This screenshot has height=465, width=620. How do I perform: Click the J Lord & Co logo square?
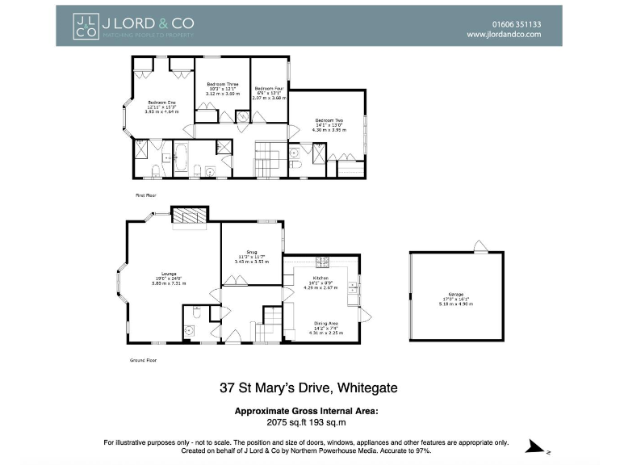(x=85, y=26)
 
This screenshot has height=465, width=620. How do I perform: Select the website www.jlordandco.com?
(x=503, y=35)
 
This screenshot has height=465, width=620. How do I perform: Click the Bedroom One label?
(x=161, y=103)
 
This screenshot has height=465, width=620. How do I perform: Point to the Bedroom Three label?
(x=222, y=85)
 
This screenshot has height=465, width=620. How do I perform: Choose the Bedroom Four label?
(x=269, y=89)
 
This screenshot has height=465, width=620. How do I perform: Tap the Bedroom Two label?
(x=329, y=120)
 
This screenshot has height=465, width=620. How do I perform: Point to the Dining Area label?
(x=326, y=323)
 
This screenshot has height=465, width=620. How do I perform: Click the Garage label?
(x=456, y=294)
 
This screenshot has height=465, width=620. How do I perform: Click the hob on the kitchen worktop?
(x=323, y=262)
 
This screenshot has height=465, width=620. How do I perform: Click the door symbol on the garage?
(x=480, y=245)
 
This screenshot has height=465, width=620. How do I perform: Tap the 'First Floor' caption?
(x=145, y=195)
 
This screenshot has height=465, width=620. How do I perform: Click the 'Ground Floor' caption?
(x=144, y=360)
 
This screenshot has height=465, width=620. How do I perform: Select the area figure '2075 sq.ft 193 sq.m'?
(x=306, y=421)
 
